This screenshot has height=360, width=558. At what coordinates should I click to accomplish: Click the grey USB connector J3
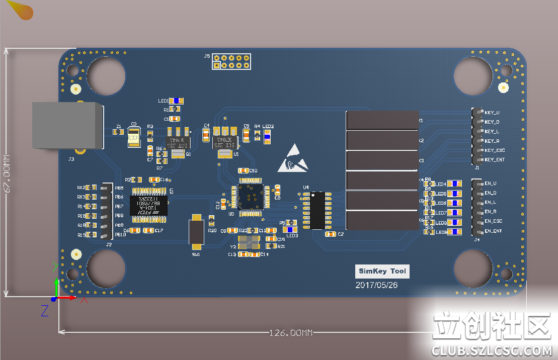pyautogui.click(x=67, y=126)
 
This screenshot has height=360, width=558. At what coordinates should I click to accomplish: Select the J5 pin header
pyautogui.click(x=231, y=61)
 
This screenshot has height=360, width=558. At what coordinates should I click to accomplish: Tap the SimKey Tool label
pyautogui.click(x=382, y=272)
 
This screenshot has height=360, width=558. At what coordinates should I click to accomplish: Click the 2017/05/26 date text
pyautogui.click(x=376, y=285)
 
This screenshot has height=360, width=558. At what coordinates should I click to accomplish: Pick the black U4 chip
pyautogui.click(x=318, y=210)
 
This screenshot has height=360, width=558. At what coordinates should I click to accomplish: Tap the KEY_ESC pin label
pyautogui.click(x=495, y=150)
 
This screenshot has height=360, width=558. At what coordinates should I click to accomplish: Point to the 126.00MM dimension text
pyautogui.click(x=291, y=333)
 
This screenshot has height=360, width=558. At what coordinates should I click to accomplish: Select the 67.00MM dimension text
pyautogui.click(x=6, y=173)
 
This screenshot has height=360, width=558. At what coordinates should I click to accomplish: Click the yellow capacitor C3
pyautogui.click(x=134, y=137)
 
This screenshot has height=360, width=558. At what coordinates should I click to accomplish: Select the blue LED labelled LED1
pyautogui.click(x=177, y=101)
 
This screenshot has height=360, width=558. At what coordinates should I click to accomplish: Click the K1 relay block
pyautogui.click(x=382, y=121)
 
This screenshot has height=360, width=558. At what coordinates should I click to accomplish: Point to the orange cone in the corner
pyautogui.click(x=22, y=11)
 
